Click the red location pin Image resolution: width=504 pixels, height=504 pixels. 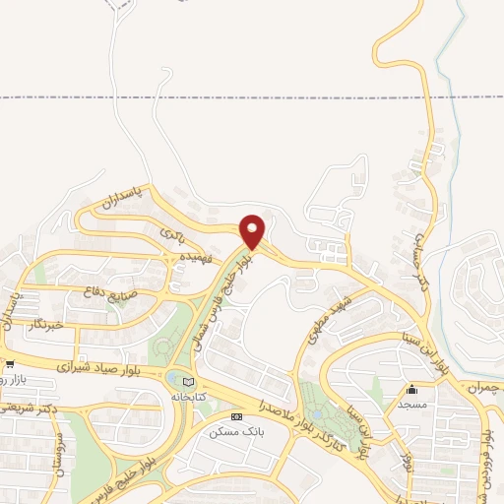tap(253, 231)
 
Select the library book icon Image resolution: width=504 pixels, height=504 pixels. tap(190, 383)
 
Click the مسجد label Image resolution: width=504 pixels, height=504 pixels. tap(412, 405)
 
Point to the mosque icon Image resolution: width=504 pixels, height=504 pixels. tap(412, 390)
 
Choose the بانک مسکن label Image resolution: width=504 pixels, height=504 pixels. tap(230, 431)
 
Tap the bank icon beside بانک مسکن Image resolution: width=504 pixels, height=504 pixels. tap(235, 417)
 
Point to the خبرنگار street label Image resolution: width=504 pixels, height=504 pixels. tap(44, 323)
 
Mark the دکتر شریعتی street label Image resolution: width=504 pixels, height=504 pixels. tap(30, 407)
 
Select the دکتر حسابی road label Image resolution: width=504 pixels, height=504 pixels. tap(422, 251)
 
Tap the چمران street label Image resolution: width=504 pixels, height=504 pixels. tap(482, 389)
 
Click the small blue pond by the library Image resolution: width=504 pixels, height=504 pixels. tap(173, 378)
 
